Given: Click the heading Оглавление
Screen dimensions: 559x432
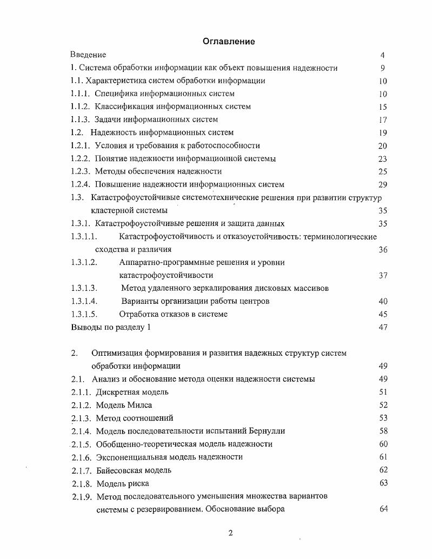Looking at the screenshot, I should pos(228,42).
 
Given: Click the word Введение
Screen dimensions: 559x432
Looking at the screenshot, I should pos(88,55).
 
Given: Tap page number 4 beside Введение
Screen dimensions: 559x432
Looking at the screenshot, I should pos(382,55).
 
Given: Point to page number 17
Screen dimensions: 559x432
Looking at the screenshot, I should pos(383,120).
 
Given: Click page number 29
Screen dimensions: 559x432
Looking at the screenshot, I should pos(383,185).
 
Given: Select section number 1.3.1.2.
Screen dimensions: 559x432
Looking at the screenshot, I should pos(84,262).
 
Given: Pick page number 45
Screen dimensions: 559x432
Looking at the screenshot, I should pos(383,315).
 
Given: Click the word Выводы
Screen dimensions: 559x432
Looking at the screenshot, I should pos(86,327).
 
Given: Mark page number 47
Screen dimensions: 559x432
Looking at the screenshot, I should pos(383,328).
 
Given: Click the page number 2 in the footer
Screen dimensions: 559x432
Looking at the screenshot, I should pos(230,533).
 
